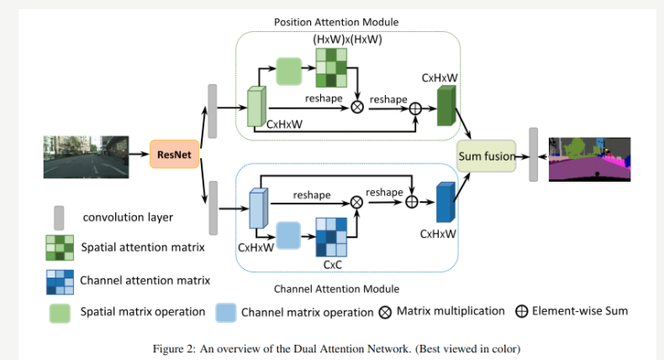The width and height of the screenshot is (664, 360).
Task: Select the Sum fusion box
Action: point(485,156)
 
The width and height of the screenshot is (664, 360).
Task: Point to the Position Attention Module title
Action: point(336,21)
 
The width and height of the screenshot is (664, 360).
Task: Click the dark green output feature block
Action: point(445,108)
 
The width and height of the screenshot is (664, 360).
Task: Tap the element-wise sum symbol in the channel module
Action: point(412,201)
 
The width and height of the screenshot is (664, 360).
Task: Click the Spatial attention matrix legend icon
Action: point(58,247)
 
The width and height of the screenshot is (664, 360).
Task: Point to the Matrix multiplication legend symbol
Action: point(385,312)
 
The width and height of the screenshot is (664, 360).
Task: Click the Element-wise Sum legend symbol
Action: point(521,311)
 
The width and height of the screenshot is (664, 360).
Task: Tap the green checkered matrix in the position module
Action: point(330,68)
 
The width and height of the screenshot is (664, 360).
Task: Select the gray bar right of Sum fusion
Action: point(533,154)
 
